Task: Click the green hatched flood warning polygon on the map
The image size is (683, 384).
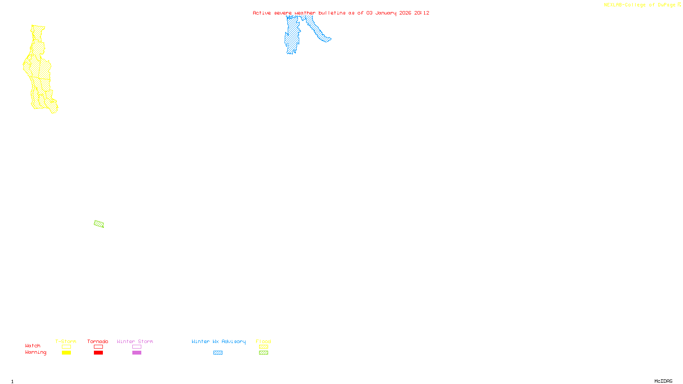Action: (x=99, y=224)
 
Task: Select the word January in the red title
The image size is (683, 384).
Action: (x=386, y=13)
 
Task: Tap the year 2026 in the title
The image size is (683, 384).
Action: (x=406, y=13)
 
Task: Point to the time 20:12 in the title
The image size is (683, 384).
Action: (x=422, y=13)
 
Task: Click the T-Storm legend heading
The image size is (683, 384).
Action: (x=66, y=341)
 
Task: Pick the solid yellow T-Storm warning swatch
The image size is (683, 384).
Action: (x=66, y=353)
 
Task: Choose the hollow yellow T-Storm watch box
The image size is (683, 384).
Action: (x=66, y=347)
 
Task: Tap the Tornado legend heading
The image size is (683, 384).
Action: (x=98, y=341)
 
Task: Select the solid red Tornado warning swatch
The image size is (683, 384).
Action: (x=99, y=353)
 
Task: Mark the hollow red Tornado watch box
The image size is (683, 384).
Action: (x=99, y=347)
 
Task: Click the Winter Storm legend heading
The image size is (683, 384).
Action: (x=135, y=341)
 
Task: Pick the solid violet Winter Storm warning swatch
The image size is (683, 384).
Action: (x=137, y=353)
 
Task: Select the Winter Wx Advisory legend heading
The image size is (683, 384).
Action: (x=219, y=341)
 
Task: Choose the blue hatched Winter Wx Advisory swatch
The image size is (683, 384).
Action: (x=218, y=353)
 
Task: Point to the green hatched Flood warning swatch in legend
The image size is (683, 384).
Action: (x=263, y=353)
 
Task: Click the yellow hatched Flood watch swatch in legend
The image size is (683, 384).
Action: (x=263, y=347)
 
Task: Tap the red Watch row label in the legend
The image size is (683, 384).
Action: (x=33, y=346)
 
